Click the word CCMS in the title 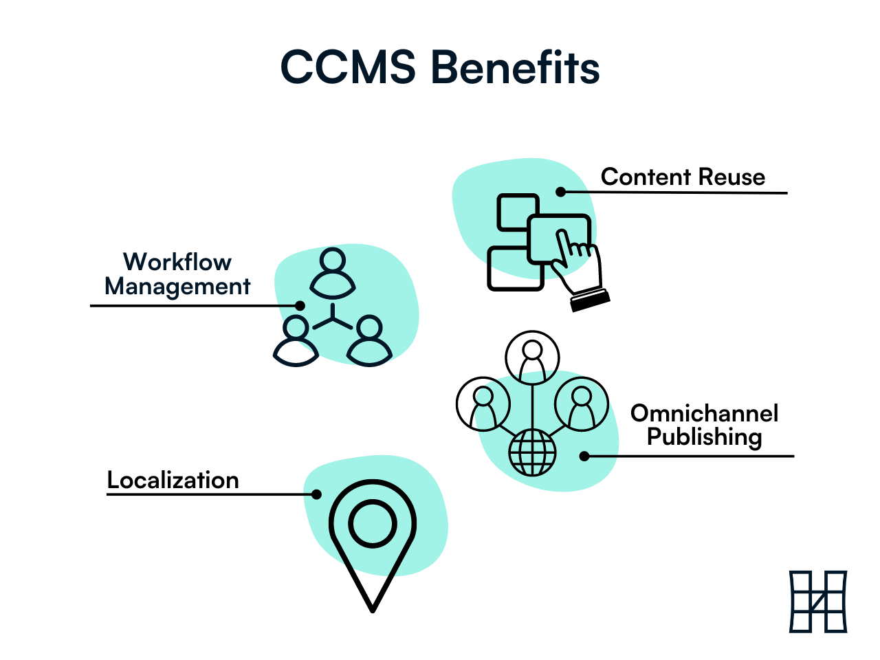coord(348,67)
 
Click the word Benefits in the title coord(515,67)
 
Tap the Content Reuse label coord(683,177)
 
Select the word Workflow coord(177,262)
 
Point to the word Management coord(177,286)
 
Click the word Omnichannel coord(705,413)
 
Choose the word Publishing coord(705,437)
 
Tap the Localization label coord(173,480)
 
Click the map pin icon coord(373,543)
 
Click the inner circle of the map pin coord(373,525)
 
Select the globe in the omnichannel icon coord(532,452)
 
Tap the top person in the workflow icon coord(333,271)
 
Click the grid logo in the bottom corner coord(818,602)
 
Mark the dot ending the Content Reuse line coord(561,192)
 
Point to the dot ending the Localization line coord(317,494)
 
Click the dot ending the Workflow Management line coord(300,305)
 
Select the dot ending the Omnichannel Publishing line coord(584,456)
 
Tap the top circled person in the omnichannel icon coord(532,358)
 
